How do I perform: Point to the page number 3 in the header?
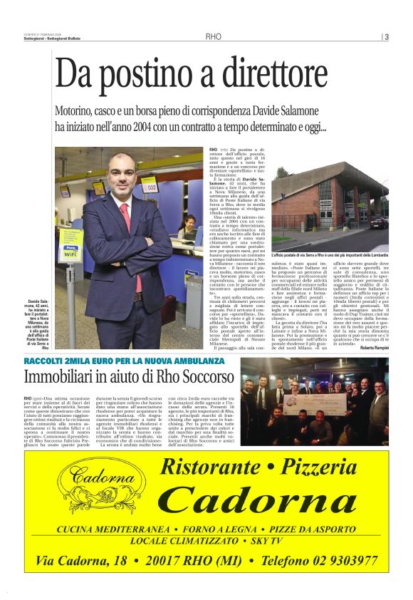pyautogui.click(x=386, y=38)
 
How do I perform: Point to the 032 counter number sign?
pyautogui.click(x=151, y=187)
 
